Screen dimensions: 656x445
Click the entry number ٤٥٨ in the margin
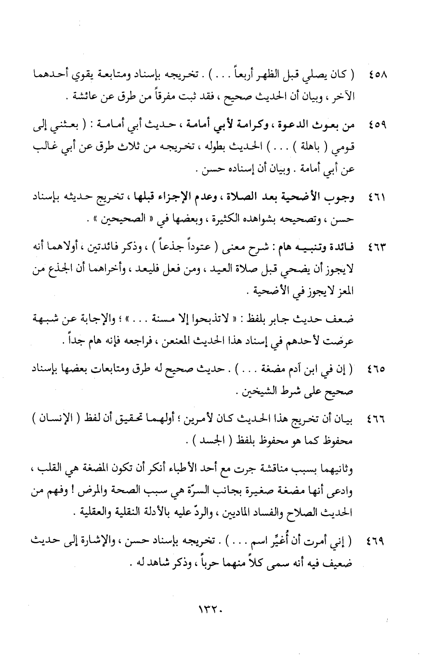point(380,76)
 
